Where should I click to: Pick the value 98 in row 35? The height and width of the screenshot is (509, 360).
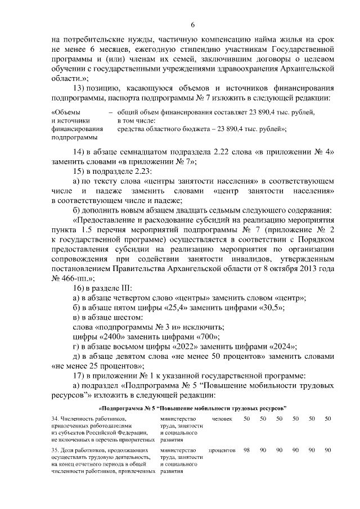tap(246, 451)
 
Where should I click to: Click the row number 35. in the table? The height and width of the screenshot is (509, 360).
tap(55, 451)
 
